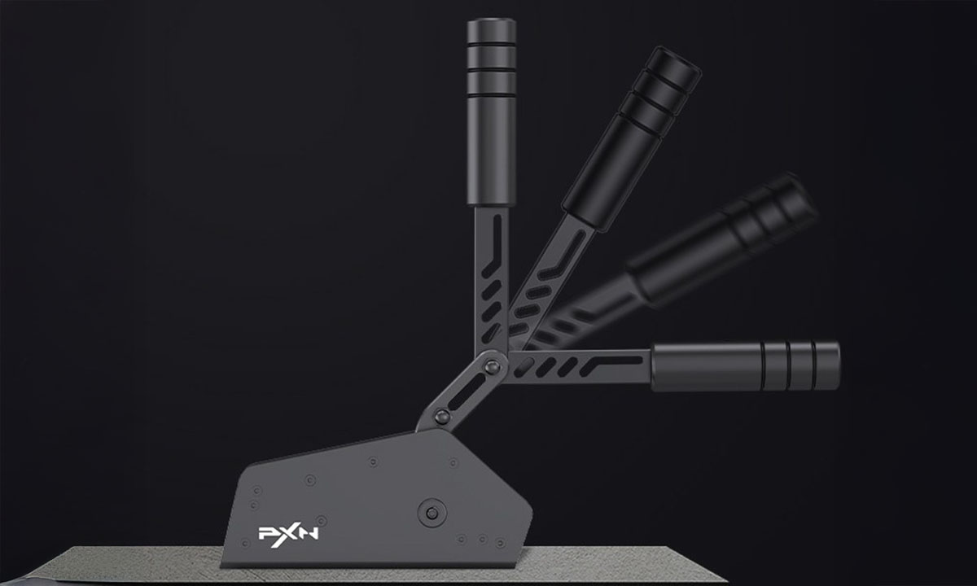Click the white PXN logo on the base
click(276, 534)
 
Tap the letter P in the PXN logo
click(265, 534)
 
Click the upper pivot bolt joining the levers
click(492, 368)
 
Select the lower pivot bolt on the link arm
click(442, 418)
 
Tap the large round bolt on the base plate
click(432, 514)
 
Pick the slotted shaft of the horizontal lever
click(578, 365)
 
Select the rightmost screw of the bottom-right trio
click(499, 540)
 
